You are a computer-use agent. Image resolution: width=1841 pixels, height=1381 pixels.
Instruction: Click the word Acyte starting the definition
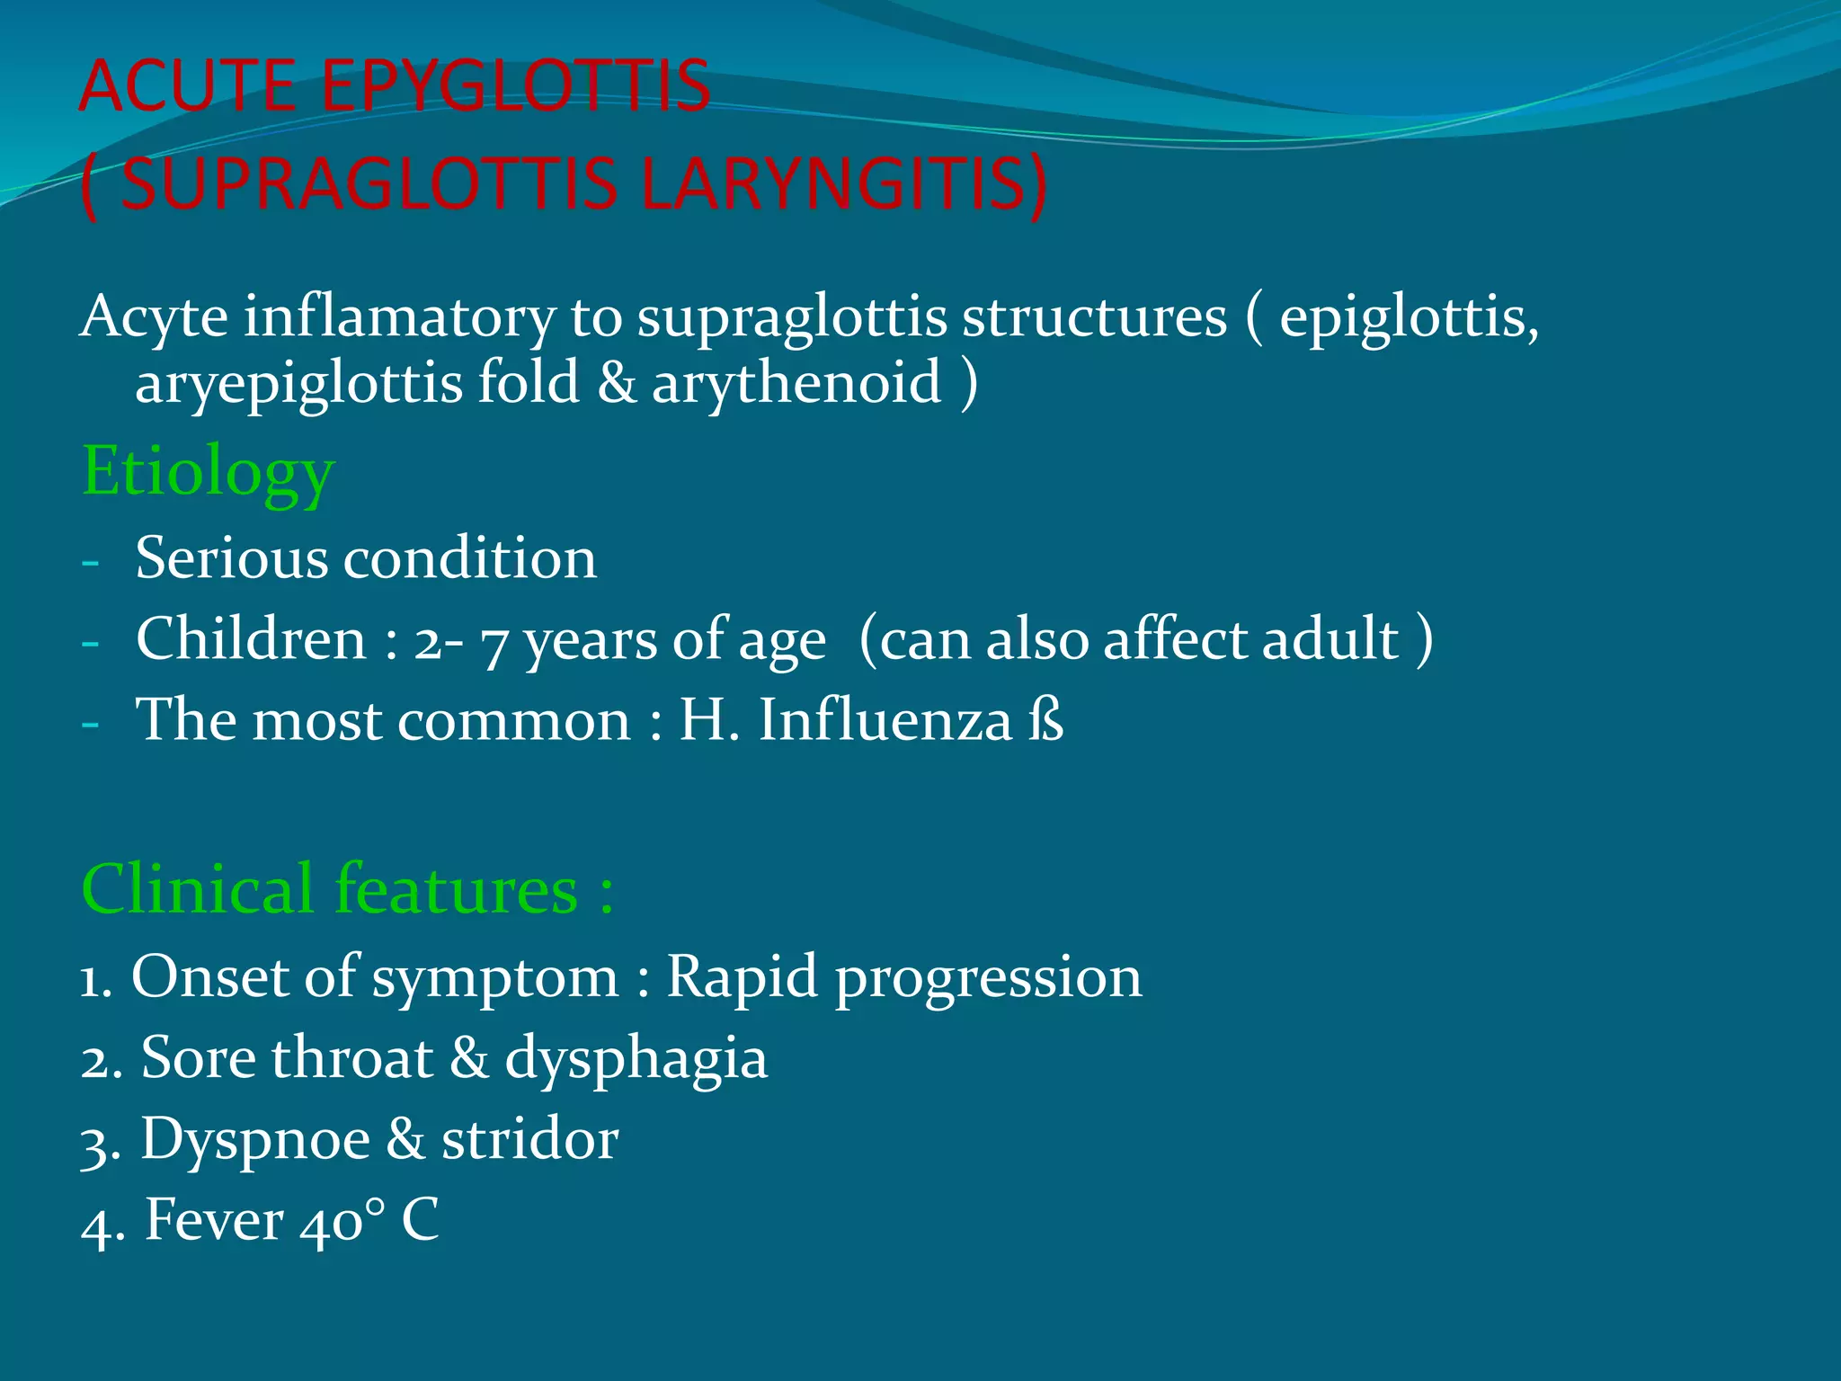pyautogui.click(x=154, y=318)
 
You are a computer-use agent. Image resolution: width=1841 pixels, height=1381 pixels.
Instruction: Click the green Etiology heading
pyautogui.click(x=208, y=472)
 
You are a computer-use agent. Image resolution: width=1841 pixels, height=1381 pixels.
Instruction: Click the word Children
pyautogui.click(x=251, y=640)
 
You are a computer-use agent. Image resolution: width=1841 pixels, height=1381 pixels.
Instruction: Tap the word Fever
pyautogui.click(x=214, y=1221)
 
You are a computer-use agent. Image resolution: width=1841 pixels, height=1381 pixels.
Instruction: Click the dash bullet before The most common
pyautogui.click(x=90, y=723)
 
